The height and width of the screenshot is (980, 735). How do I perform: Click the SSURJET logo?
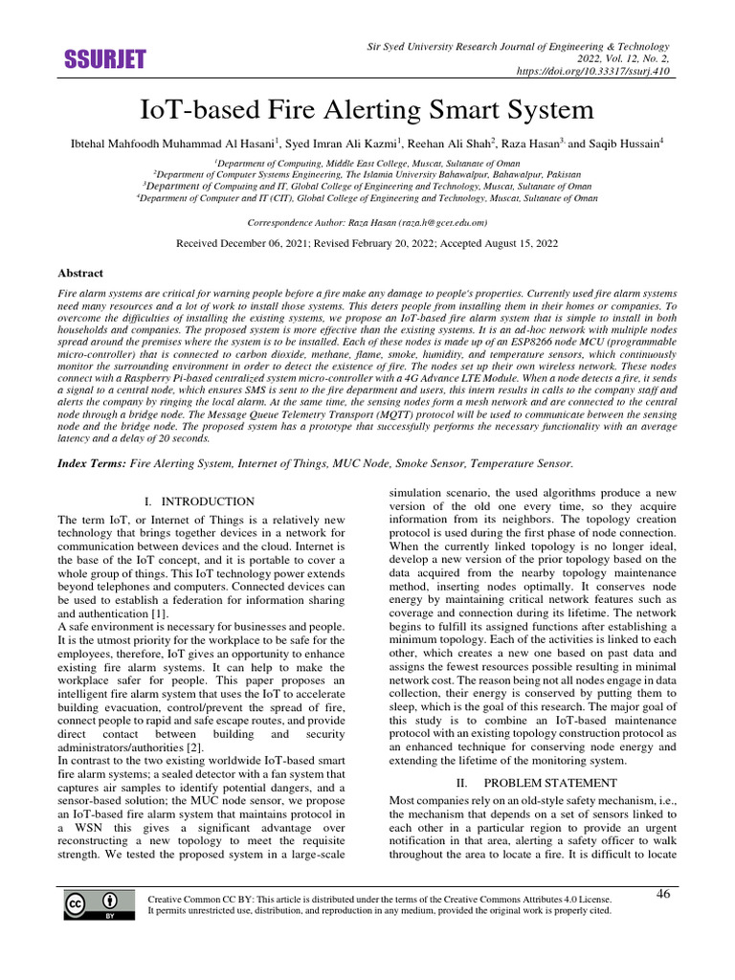point(104,60)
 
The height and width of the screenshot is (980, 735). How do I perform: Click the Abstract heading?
point(81,272)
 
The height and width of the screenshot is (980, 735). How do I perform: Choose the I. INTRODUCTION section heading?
point(199,501)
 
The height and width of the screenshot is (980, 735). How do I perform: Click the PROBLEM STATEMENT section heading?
point(538,783)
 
